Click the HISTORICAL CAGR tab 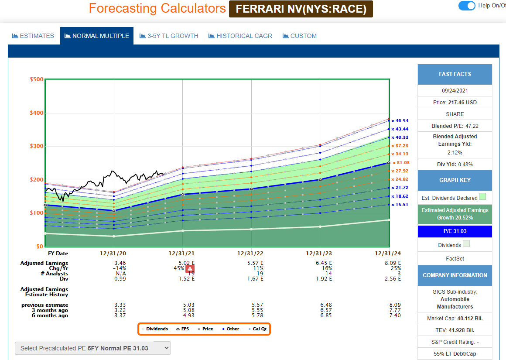pos(240,36)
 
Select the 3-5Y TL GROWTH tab pos(169,36)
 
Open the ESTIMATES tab pos(33,36)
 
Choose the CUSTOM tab pos(300,36)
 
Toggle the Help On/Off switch pos(466,6)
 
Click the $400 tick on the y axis pos(36,113)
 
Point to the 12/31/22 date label pos(251,254)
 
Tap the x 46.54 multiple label pos(399,120)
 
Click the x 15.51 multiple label pos(399,204)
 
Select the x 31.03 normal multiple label pos(400,163)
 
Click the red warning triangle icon pos(190,268)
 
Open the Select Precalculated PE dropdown pos(93,348)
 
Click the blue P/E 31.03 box pos(455,231)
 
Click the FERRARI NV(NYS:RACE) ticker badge pos(301,8)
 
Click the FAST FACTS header pos(455,74)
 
